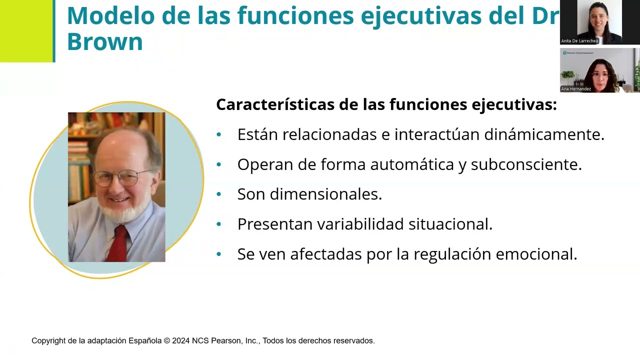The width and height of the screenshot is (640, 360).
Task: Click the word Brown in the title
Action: [104, 42]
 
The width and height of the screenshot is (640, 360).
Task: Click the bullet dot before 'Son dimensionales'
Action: [218, 194]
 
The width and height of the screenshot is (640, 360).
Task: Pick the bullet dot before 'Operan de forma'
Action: [218, 164]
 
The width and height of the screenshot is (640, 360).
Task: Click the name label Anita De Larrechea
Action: [579, 41]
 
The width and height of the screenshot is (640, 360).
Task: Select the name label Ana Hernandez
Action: [576, 89]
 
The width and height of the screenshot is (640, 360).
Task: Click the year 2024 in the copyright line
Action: [180, 340]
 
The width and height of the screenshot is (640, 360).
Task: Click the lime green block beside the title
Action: [25, 31]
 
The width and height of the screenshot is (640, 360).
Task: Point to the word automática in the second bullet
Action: [410, 164]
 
